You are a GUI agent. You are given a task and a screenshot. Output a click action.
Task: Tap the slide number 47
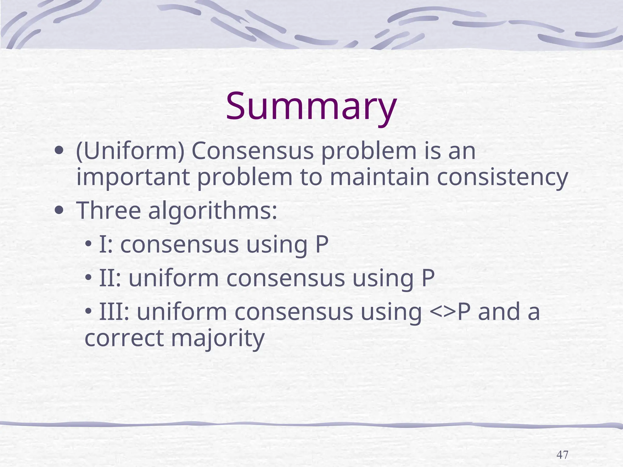pyautogui.click(x=562, y=455)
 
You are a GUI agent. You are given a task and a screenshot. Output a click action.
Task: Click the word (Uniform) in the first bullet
pyautogui.click(x=130, y=151)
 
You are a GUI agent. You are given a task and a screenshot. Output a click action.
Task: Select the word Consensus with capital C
pyautogui.click(x=252, y=151)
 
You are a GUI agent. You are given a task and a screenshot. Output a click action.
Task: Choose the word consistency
pyautogui.click(x=502, y=178)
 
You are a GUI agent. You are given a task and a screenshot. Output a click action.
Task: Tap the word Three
pyautogui.click(x=109, y=210)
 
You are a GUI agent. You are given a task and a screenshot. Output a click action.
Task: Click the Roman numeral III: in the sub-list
pyautogui.click(x=114, y=312)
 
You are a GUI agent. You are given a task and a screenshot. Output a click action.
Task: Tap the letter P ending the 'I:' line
pyautogui.click(x=322, y=244)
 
